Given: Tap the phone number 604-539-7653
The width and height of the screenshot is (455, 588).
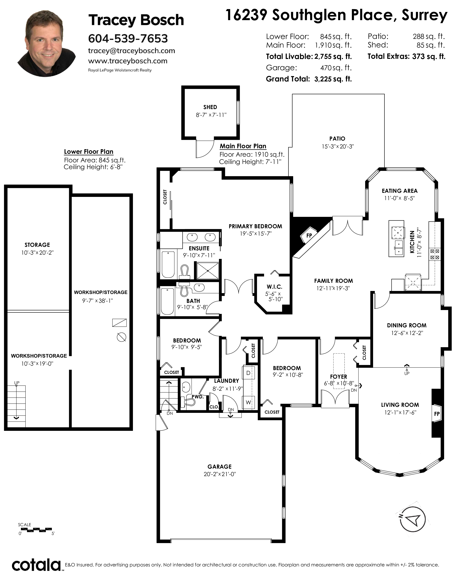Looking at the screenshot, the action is click(128, 38).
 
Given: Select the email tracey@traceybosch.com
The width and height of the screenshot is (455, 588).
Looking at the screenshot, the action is click(132, 51).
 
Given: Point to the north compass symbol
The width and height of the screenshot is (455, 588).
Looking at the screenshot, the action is click(411, 520).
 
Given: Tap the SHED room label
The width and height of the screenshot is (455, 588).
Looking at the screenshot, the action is click(210, 107).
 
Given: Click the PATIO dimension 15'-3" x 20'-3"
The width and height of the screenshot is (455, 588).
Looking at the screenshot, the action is click(337, 146).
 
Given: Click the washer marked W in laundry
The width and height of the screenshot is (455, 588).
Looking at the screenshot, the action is click(248, 402).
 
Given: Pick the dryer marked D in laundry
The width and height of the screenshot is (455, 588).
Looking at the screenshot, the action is click(248, 373).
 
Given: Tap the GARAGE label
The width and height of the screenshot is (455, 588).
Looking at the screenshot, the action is click(219, 467).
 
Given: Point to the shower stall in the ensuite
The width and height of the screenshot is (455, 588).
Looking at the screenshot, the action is click(208, 271).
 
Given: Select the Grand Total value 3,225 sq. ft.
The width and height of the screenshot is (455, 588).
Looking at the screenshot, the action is click(333, 79).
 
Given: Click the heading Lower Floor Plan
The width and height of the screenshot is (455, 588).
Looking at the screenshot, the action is click(89, 152).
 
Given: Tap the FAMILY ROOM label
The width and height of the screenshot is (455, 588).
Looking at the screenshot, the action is click(333, 281).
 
